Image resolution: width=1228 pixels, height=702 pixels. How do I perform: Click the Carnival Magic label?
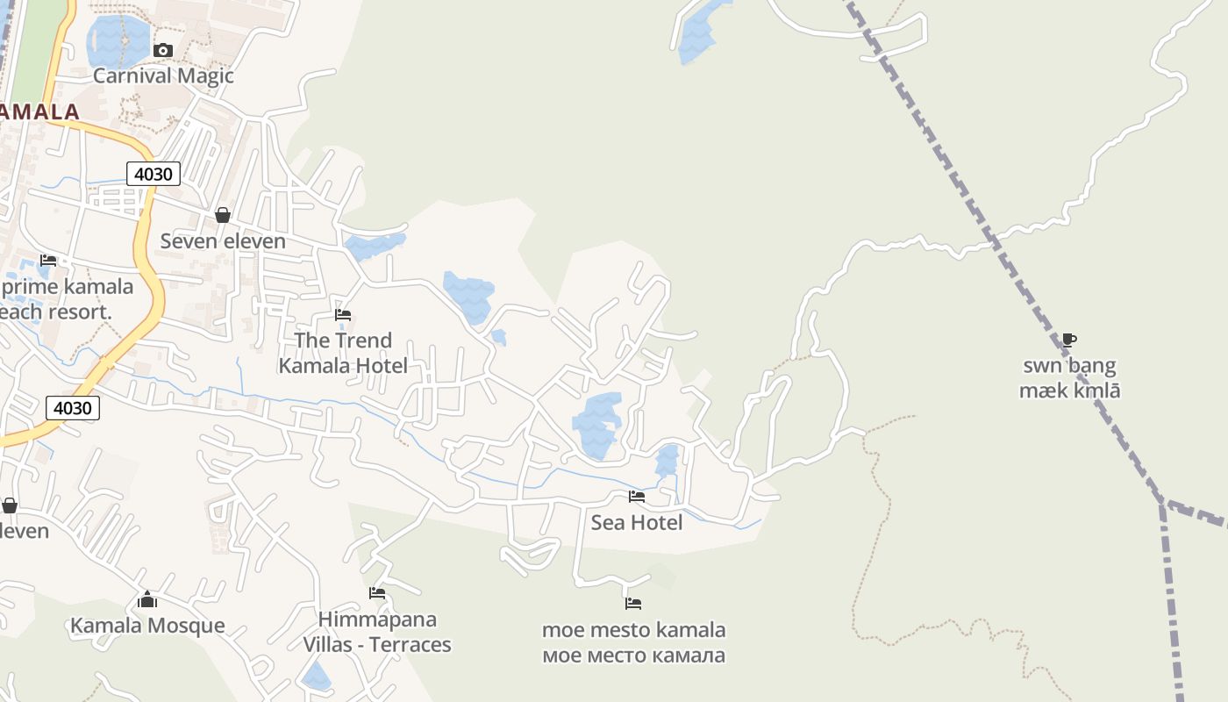163,75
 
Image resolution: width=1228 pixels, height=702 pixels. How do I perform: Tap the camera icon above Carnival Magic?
162,51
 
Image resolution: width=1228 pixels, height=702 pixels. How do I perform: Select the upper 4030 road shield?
153,174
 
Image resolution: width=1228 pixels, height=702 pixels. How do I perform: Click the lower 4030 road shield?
72,408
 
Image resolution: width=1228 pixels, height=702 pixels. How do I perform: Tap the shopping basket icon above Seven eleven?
223,215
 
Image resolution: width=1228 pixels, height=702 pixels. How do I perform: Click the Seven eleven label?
223,240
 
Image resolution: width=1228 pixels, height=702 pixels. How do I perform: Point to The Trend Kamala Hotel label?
343,353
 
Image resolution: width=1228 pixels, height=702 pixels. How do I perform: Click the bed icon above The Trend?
343,315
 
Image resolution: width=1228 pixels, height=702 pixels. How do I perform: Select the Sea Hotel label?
637,523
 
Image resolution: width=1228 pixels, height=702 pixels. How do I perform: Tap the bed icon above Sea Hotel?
637,497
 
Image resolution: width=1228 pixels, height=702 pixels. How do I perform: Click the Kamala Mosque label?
147,626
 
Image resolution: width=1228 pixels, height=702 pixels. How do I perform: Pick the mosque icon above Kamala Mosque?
147,600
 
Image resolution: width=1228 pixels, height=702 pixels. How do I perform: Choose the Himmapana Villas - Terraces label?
377,632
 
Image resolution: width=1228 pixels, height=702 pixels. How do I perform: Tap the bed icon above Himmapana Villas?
377,593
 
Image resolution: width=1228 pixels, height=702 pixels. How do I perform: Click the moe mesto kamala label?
634,642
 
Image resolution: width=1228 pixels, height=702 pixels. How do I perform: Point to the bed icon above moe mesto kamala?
633,604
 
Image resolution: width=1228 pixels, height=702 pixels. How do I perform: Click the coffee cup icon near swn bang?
1068,340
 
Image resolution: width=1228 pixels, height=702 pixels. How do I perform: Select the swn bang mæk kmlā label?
1069,378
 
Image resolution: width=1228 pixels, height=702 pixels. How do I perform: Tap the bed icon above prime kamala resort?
48,261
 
